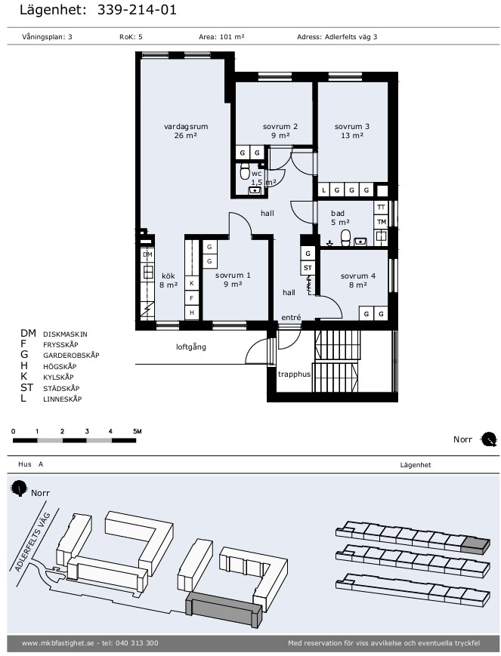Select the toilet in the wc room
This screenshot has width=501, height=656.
pyautogui.click(x=245, y=171)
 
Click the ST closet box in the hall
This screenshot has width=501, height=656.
pyautogui.click(x=308, y=268)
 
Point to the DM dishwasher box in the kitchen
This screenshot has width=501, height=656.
pyautogui.click(x=147, y=254)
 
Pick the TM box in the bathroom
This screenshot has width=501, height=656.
pyautogui.click(x=381, y=222)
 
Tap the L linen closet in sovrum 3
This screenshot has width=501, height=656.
pyautogui.click(x=323, y=190)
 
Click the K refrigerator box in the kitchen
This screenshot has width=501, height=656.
pyautogui.click(x=191, y=283)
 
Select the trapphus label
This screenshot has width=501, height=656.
pyautogui.click(x=294, y=374)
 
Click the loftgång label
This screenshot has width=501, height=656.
pyautogui.click(x=191, y=346)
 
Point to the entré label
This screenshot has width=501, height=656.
pyautogui.click(x=291, y=318)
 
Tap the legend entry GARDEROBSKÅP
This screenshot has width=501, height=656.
pyautogui.click(x=71, y=356)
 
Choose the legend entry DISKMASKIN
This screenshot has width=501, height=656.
pyautogui.click(x=65, y=334)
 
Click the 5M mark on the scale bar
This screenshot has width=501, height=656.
pyautogui.click(x=138, y=431)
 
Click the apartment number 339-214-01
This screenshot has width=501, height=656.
pyautogui.click(x=137, y=10)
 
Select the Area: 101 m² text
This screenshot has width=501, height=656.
pyautogui.click(x=221, y=37)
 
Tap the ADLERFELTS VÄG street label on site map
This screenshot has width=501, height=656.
pyautogui.click(x=32, y=541)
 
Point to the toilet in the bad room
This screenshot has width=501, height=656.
pyautogui.click(x=345, y=238)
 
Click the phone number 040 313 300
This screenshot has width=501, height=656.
pyautogui.click(x=136, y=643)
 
